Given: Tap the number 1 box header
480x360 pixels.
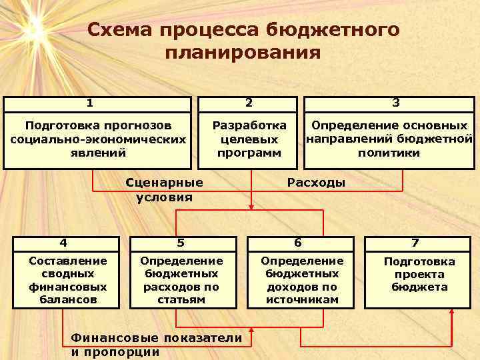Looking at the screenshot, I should pyautogui.click(x=97, y=103).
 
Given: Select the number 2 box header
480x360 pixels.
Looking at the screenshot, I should pyautogui.click(x=249, y=103).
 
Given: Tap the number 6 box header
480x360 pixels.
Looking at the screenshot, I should pyautogui.click(x=297, y=243).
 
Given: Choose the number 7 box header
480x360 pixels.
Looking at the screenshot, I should pyautogui.click(x=414, y=243).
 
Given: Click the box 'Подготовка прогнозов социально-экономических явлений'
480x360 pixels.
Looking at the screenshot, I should pyautogui.click(x=97, y=139).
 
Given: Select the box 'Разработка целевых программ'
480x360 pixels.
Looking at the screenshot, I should pyautogui.click(x=249, y=139).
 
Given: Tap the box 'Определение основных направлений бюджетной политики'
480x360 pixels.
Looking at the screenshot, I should pyautogui.click(x=389, y=139).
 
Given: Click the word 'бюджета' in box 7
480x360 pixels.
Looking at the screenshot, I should pyautogui.click(x=419, y=287).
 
